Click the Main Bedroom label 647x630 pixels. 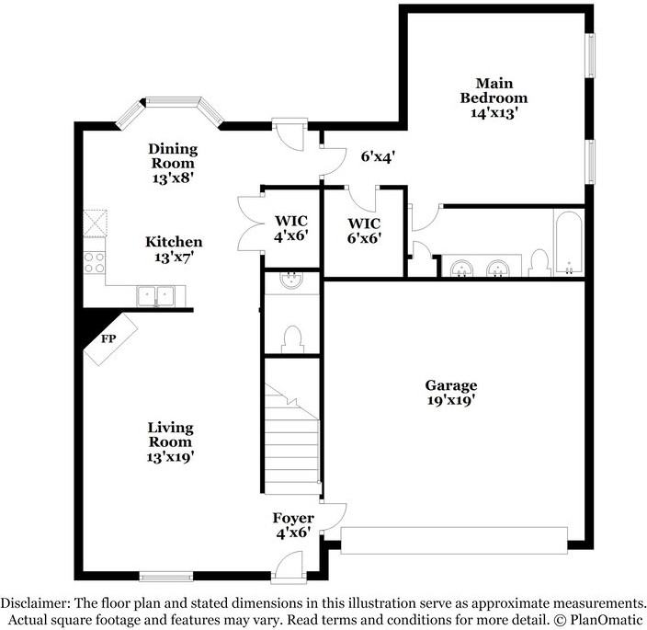click(494, 98)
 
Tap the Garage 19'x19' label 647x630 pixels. click(450, 393)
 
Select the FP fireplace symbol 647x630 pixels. click(109, 339)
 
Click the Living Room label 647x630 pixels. click(171, 441)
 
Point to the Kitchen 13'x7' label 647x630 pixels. click(174, 249)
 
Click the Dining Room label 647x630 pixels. click(173, 163)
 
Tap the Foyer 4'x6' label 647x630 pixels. click(292, 524)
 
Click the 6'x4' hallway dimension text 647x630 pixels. click(377, 157)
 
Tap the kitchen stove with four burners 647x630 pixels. click(95, 263)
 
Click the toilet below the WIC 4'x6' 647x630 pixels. click(292, 338)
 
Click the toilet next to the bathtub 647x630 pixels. click(539, 263)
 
